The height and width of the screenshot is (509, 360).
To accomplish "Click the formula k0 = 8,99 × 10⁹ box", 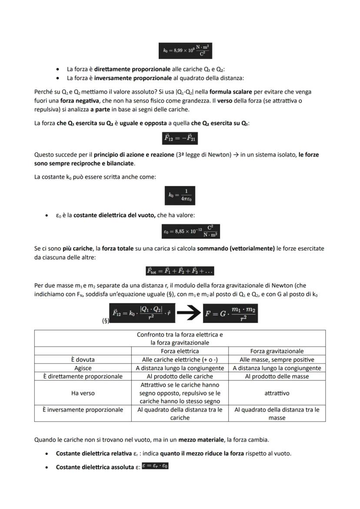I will click(x=186, y=50).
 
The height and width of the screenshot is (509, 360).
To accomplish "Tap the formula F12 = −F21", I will click(x=180, y=138).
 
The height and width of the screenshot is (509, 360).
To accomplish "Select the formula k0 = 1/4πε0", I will click(x=180, y=196).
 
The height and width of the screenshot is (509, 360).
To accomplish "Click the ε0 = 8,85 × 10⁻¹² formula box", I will click(x=190, y=232).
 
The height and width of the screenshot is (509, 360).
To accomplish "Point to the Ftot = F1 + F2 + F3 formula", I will click(x=180, y=271).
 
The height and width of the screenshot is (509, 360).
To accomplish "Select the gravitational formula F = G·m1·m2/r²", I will click(x=230, y=313).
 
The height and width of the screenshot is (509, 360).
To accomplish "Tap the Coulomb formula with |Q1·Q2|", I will click(x=142, y=313).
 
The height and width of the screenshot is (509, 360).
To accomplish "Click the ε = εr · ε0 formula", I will click(x=155, y=466).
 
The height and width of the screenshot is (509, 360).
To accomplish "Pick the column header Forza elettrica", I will click(x=180, y=351).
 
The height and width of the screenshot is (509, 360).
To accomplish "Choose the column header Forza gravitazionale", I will click(x=277, y=351).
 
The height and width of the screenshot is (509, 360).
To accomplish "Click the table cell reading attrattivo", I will click(x=277, y=393).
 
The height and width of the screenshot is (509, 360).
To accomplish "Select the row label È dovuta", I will click(x=83, y=359).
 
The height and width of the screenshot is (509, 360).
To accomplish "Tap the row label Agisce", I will click(x=83, y=368).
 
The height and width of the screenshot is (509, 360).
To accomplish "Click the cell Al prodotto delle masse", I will click(x=277, y=376).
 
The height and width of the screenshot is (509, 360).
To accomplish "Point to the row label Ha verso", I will click(x=83, y=393).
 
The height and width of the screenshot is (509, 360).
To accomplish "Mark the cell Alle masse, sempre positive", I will click(x=277, y=359).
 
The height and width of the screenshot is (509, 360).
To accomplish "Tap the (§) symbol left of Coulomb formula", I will click(x=105, y=321).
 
